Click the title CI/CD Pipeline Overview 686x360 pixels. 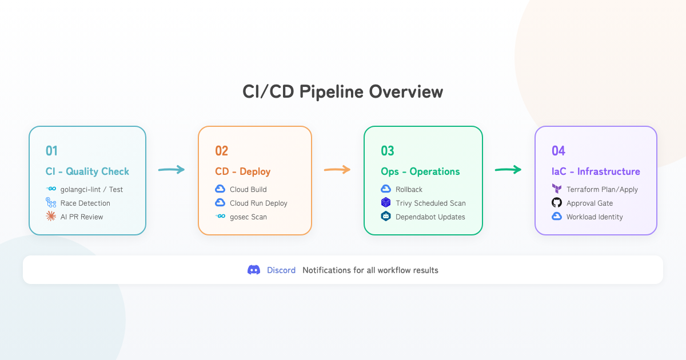[x=343, y=92]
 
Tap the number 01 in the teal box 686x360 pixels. [x=52, y=151]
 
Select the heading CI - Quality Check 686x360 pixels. [x=87, y=171]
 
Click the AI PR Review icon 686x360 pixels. [x=51, y=217]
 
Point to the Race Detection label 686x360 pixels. [x=85, y=203]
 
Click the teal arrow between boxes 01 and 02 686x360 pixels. [x=171, y=169]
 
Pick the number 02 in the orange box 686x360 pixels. [x=222, y=151]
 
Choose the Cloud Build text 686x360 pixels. [x=248, y=190]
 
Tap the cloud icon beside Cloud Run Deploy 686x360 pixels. [x=220, y=203]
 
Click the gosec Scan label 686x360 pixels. [x=248, y=217]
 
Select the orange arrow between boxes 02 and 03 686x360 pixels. [x=337, y=169]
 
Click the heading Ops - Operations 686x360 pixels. [x=420, y=171]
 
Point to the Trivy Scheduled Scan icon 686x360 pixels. [x=386, y=203]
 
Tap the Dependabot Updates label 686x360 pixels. [x=430, y=217]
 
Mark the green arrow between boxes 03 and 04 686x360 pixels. [x=508, y=169]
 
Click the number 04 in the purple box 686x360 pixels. [x=559, y=151]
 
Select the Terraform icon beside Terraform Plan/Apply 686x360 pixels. [x=557, y=189]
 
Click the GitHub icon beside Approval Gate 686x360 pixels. [x=557, y=203]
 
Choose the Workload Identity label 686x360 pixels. [x=595, y=217]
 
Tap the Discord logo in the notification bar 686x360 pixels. [x=254, y=270]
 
